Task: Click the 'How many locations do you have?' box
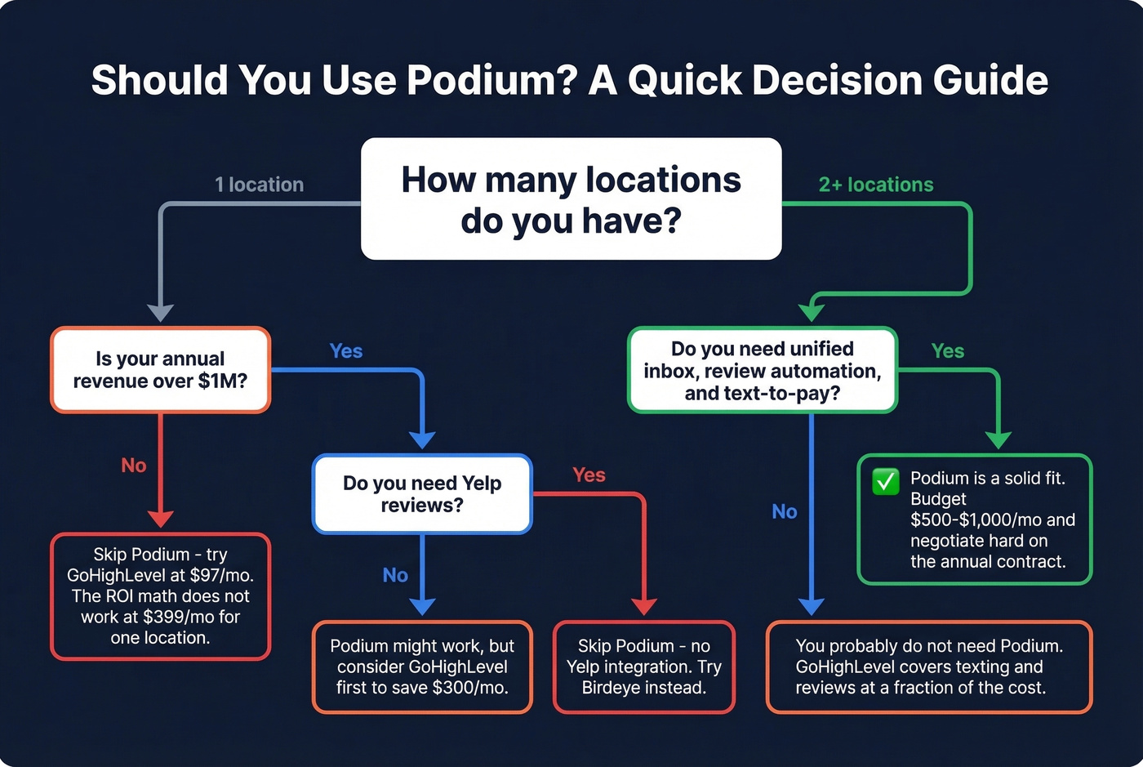[x=571, y=199]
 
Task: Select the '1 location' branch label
[x=259, y=185]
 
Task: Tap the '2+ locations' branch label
[x=875, y=185]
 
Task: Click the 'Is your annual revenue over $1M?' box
[x=160, y=370]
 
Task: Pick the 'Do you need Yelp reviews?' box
[x=422, y=494]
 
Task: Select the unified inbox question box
[x=762, y=371]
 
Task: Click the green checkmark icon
[x=885, y=481]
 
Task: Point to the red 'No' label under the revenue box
[x=134, y=466]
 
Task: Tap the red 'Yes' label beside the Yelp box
[x=589, y=475]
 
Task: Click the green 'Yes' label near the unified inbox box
[x=947, y=351]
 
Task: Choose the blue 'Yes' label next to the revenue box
[x=345, y=351]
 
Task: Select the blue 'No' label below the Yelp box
[x=395, y=575]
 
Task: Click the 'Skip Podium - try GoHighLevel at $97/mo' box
[x=160, y=596]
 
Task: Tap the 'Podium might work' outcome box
[x=422, y=667]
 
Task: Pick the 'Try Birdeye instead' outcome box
[x=643, y=667]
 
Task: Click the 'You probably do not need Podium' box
[x=928, y=667]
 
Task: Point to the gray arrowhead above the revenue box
[x=160, y=313]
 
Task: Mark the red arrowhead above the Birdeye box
[x=644, y=605]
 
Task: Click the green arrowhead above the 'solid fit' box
[x=998, y=440]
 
